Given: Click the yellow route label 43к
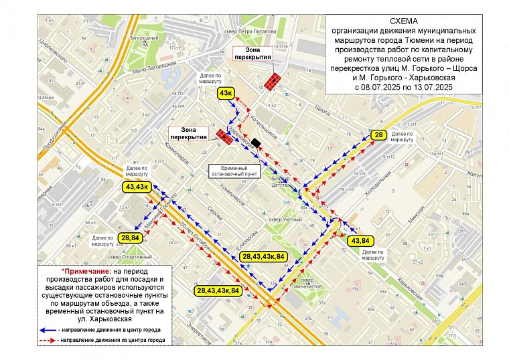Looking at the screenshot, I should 226,93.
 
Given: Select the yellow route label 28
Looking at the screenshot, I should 378,136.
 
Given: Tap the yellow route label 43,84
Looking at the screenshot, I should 360,240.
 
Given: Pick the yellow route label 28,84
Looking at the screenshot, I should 131,237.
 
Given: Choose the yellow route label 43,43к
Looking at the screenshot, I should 137,187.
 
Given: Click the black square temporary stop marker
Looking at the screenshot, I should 257,142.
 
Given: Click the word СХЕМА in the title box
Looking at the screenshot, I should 403,21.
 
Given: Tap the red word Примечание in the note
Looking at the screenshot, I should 90,270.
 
